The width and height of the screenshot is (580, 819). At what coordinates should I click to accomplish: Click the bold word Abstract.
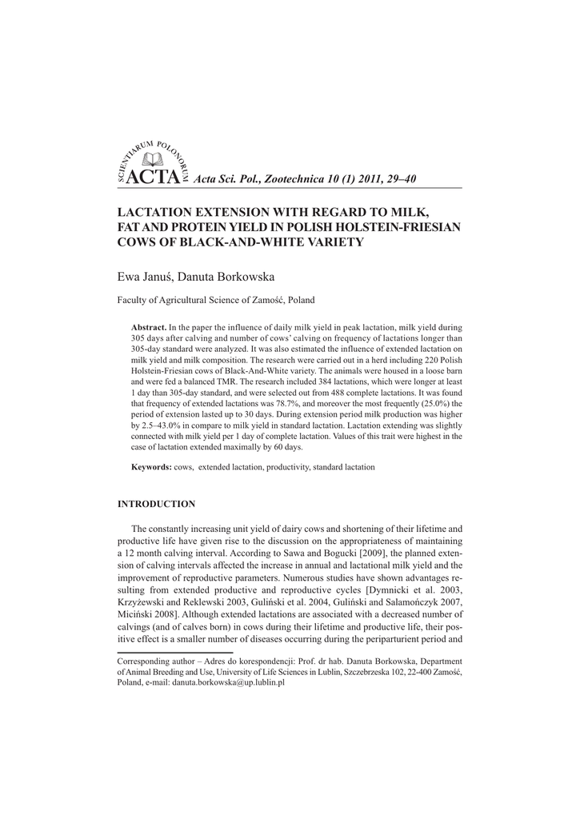(149, 328)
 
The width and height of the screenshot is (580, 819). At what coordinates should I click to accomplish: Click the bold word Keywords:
(151, 466)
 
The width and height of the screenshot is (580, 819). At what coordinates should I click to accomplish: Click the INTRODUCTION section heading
(156, 504)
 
